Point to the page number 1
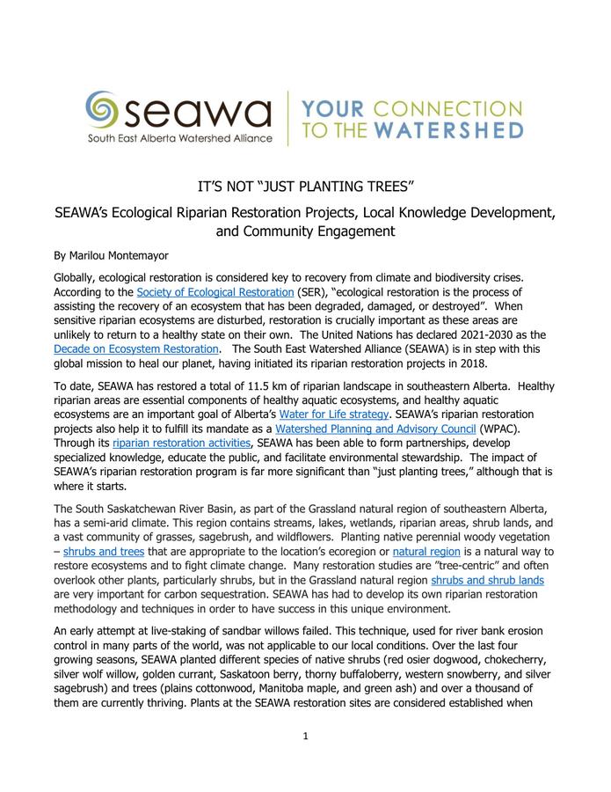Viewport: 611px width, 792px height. pos(305,760)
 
